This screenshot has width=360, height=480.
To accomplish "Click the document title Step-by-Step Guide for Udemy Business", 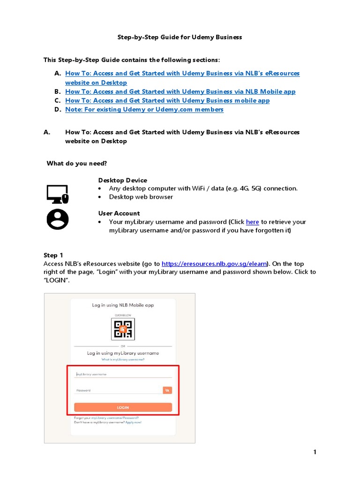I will [x=180, y=37].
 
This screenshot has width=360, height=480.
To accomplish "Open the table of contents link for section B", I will [x=180, y=92].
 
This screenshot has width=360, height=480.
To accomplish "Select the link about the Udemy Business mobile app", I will [x=167, y=101].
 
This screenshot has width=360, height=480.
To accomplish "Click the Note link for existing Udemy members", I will [x=144, y=110].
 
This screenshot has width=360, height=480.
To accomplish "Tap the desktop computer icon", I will [x=57, y=194].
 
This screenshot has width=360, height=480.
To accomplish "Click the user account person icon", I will [x=57, y=219].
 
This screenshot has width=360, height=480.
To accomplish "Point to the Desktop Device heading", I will [x=122, y=180].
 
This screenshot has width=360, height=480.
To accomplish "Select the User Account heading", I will [x=119, y=213].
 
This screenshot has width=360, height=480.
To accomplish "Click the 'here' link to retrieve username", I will [x=252, y=222].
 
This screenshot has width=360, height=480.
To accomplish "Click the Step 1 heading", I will [x=53, y=255].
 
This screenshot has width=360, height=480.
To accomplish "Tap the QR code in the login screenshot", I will [x=123, y=329].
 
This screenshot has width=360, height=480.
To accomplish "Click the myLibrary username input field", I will [x=123, y=374].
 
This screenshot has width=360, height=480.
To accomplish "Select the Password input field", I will [x=117, y=390].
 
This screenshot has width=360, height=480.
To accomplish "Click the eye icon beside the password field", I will [x=167, y=390].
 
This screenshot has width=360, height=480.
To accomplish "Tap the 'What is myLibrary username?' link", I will [x=123, y=360].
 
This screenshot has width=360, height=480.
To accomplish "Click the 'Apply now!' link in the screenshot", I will [x=133, y=422].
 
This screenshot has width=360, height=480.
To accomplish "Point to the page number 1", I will [x=315, y=452].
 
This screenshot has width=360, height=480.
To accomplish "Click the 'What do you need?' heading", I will [x=76, y=163].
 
